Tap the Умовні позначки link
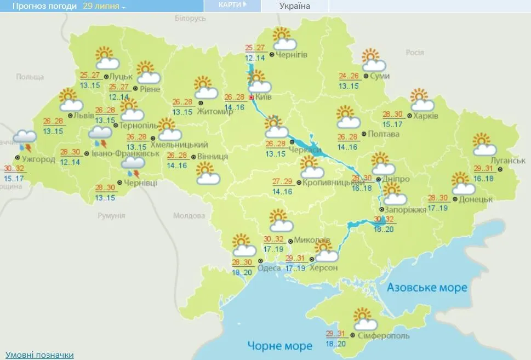(x=39, y=355)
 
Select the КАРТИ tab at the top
(x=232, y=5)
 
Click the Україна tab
(x=295, y=6)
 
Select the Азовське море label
(x=427, y=288)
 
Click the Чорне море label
(x=279, y=346)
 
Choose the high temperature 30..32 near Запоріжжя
(x=384, y=219)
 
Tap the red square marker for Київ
(x=252, y=98)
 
